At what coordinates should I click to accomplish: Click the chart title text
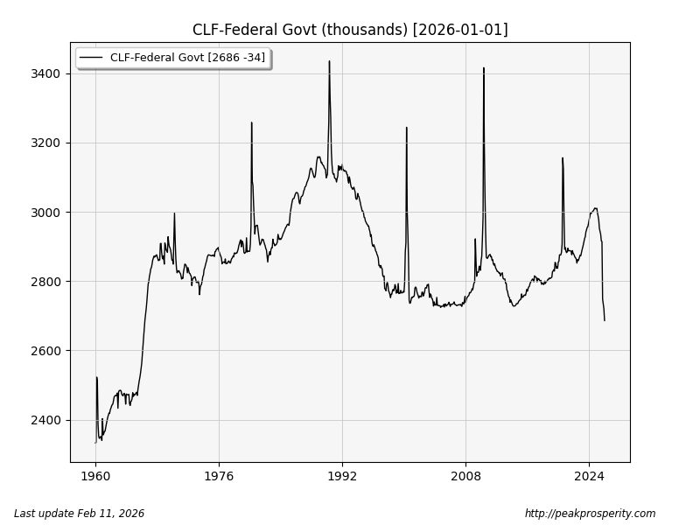tap(350, 30)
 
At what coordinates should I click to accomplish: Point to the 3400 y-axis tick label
tap(45, 73)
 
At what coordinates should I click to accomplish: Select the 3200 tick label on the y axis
tap(45, 143)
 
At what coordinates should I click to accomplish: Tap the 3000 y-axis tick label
tap(45, 213)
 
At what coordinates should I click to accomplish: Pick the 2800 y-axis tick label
tap(45, 282)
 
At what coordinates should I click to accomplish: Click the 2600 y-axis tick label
tap(45, 351)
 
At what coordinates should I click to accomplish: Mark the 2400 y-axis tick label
tap(45, 420)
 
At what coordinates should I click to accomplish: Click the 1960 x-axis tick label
tap(95, 477)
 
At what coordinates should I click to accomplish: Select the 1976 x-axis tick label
tap(219, 477)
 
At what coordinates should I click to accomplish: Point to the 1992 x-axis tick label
tap(342, 477)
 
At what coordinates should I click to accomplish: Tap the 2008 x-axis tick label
tap(465, 477)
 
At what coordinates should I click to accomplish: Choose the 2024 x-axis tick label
tap(589, 477)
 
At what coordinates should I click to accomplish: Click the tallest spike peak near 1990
tap(329, 61)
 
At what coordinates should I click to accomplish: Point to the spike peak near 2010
tap(484, 67)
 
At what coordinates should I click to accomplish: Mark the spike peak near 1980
tap(252, 122)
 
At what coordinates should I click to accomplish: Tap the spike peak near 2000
tap(406, 128)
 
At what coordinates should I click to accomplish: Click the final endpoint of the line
tap(604, 320)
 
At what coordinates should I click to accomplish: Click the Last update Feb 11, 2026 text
tap(79, 514)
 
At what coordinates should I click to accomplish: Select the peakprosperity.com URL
tap(590, 514)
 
